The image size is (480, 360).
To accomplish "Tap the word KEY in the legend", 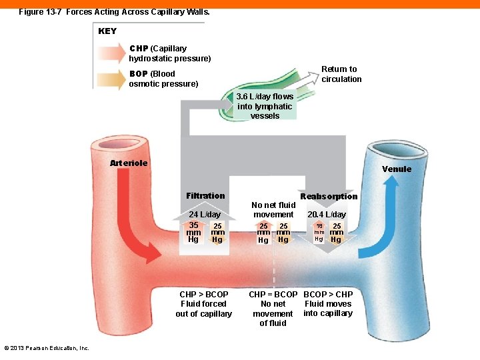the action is pos(107,31).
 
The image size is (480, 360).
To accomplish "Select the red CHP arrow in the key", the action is pos(111,53).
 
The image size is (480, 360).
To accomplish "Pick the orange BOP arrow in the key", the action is pos(111,79).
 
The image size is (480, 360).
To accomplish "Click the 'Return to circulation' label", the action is pos(341,74).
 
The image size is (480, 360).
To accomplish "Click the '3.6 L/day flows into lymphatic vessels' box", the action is pos(265,106).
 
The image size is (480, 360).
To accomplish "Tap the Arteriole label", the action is pos(129,163).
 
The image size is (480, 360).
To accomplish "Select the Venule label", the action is pos(397,169).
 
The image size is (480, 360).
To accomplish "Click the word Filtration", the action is pos(205,196).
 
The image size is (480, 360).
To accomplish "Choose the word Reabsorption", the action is pos(329,197).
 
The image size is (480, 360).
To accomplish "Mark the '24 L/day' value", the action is pos(205,215).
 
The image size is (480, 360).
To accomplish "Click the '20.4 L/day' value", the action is pos(327,215).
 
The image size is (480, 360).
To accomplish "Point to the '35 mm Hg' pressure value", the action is pos(193,232).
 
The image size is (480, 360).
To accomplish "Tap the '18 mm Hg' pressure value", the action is pos(319,232).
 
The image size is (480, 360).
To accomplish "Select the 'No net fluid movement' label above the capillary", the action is pos(273,210).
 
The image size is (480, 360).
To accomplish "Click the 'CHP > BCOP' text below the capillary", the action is pos(204,294).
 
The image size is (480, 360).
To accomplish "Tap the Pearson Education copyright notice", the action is pos(47,348).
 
